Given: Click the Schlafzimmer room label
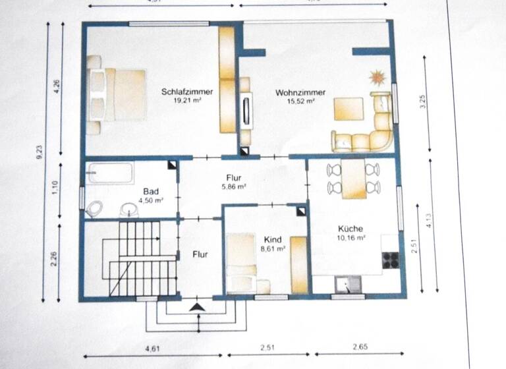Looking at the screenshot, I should (187, 92).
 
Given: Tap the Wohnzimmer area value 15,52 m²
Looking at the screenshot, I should (295, 102).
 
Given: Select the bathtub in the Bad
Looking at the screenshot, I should (111, 173).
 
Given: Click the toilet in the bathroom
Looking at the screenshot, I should (94, 209).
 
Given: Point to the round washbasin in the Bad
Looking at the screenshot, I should (128, 210).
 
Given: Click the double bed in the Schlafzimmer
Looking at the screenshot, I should (116, 94).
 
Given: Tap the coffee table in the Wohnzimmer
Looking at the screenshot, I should (349, 109).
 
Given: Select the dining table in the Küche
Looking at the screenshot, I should (354, 179).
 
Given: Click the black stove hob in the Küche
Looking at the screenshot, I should (391, 260).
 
